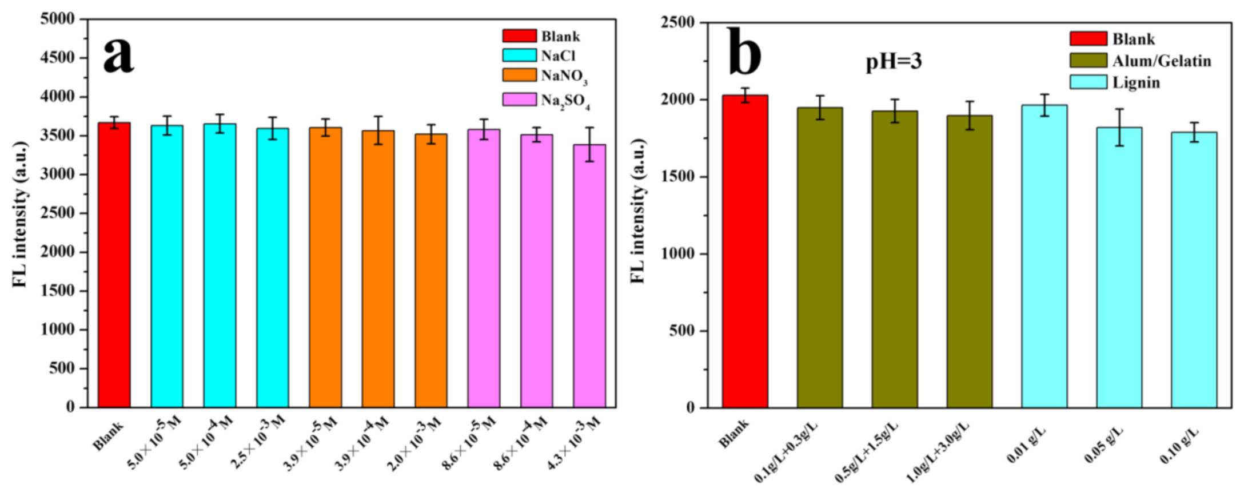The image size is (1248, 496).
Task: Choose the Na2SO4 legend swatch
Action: (519, 100)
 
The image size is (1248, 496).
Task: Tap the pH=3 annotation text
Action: (894, 61)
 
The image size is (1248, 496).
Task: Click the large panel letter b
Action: (744, 53)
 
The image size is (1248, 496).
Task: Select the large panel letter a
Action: (118, 54)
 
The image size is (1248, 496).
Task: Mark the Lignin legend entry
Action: (1136, 83)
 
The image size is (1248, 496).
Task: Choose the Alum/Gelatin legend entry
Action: (1161, 61)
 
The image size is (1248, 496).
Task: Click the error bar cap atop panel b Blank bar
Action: (744, 89)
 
